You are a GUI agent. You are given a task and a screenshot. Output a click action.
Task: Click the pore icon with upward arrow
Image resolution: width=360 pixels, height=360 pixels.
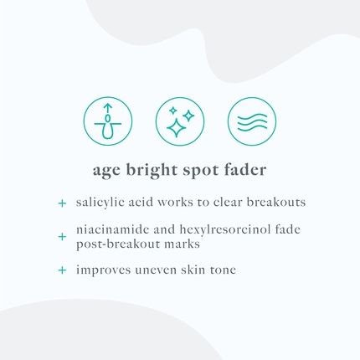pyautogui.click(x=108, y=121)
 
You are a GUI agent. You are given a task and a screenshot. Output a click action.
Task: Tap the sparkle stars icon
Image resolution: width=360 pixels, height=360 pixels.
pyautogui.click(x=180, y=121)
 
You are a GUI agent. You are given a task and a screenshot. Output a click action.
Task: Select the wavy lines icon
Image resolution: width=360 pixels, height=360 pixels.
pyautogui.click(x=252, y=121)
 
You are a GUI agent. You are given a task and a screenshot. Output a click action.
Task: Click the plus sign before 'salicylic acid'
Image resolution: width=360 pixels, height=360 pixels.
pyautogui.click(x=61, y=203)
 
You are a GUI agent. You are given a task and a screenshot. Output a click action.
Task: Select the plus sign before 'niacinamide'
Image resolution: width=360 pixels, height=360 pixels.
pyautogui.click(x=61, y=237)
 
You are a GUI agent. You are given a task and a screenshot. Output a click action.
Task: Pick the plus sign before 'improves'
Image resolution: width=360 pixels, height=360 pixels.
pyautogui.click(x=61, y=270)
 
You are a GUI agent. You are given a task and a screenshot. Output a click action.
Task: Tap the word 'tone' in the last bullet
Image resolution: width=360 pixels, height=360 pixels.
pyautogui.click(x=244, y=270)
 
